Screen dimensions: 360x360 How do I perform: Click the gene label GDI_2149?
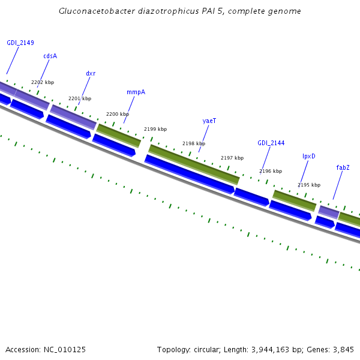[20, 43]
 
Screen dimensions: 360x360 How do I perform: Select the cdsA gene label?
[50, 56]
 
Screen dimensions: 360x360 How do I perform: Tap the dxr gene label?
[91, 74]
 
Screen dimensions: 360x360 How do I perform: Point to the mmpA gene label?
[136, 92]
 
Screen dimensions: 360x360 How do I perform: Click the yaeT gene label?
[209, 121]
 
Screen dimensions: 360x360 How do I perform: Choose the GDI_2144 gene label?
[271, 143]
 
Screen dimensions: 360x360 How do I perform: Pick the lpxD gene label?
[309, 156]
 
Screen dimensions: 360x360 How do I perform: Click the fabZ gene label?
[343, 168]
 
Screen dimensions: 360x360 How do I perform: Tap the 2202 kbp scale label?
[43, 83]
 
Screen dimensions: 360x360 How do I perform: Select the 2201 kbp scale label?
[80, 98]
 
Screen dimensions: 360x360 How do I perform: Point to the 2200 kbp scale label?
[118, 114]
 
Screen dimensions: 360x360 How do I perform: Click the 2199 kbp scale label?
[155, 129]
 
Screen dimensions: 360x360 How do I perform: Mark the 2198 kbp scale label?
[194, 144]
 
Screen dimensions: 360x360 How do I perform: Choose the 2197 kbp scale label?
[232, 158]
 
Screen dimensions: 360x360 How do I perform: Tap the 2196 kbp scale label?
[271, 172]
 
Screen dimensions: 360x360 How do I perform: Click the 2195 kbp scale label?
[309, 185]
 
